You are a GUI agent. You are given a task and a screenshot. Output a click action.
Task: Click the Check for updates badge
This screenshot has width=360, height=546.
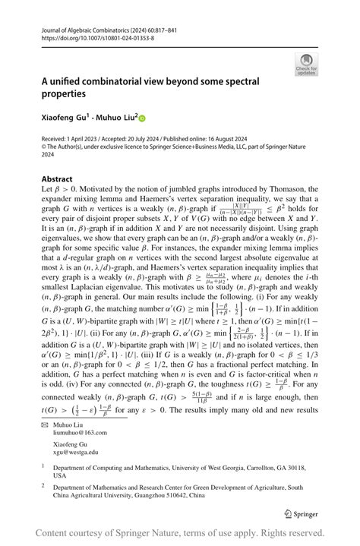[306, 64]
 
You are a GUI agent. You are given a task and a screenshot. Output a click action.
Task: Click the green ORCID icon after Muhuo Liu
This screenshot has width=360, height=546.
[141, 118]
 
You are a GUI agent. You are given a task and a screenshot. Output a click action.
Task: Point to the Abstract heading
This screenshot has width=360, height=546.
[57, 179]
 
